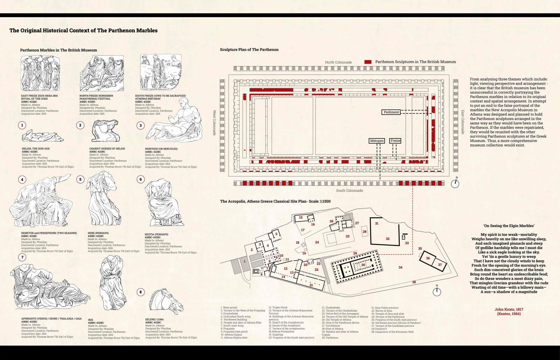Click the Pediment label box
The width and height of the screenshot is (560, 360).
(391, 112)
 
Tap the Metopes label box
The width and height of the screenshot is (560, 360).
(377, 141)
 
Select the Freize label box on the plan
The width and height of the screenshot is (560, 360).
(395, 141)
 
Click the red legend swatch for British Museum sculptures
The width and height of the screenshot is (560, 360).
(368, 62)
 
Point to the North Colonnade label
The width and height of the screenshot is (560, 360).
(338, 62)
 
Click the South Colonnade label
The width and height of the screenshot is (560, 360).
(349, 191)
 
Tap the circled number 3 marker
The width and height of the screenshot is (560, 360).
(140, 125)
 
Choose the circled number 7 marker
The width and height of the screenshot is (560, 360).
(22, 257)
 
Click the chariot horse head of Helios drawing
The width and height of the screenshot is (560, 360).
(104, 131)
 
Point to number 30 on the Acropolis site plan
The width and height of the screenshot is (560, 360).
(363, 265)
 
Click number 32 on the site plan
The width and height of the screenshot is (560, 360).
(387, 239)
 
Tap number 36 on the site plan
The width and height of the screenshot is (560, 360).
(428, 258)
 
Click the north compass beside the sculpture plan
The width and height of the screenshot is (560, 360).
(455, 183)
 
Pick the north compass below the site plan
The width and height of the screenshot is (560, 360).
(437, 291)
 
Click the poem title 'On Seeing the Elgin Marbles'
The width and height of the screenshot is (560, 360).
(509, 226)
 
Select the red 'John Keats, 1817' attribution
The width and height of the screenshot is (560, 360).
(509, 309)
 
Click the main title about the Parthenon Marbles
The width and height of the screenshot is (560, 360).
(83, 30)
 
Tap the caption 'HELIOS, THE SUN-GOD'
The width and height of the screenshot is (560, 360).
(36, 149)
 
